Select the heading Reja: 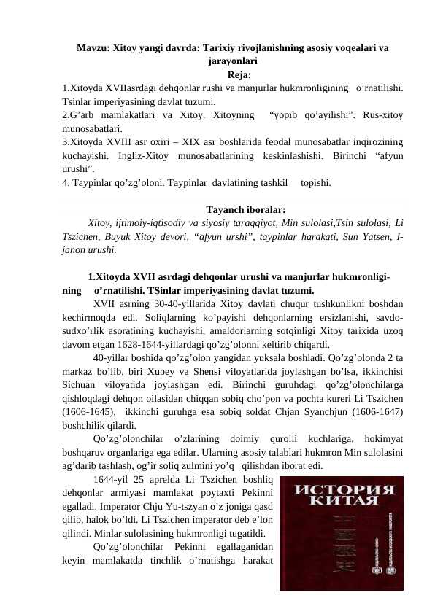click(x=240, y=74)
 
